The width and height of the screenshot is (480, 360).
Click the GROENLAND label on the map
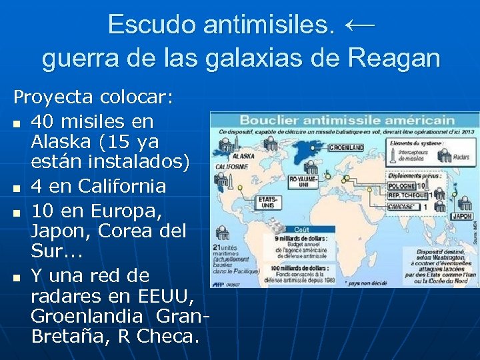[x=347, y=147]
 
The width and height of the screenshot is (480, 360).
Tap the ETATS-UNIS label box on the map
[x=268, y=201]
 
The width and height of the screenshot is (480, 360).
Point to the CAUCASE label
[x=403, y=207]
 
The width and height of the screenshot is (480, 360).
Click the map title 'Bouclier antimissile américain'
[x=346, y=121]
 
